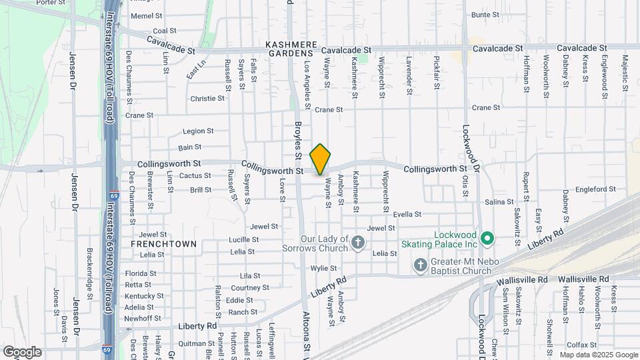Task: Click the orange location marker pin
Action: click(x=321, y=159)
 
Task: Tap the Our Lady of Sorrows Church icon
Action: click(x=359, y=241)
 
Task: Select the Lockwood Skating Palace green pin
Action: click(x=487, y=238)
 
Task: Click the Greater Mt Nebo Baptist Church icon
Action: click(x=421, y=265)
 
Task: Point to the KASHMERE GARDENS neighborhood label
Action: click(x=289, y=48)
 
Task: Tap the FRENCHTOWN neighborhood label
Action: click(x=163, y=244)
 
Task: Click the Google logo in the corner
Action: click(x=21, y=351)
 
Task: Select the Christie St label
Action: click(x=207, y=98)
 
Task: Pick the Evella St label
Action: click(x=407, y=214)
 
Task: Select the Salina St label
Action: click(x=499, y=201)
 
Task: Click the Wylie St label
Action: click(x=323, y=268)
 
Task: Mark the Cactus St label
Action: click(x=195, y=176)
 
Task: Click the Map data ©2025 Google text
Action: click(x=598, y=355)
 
